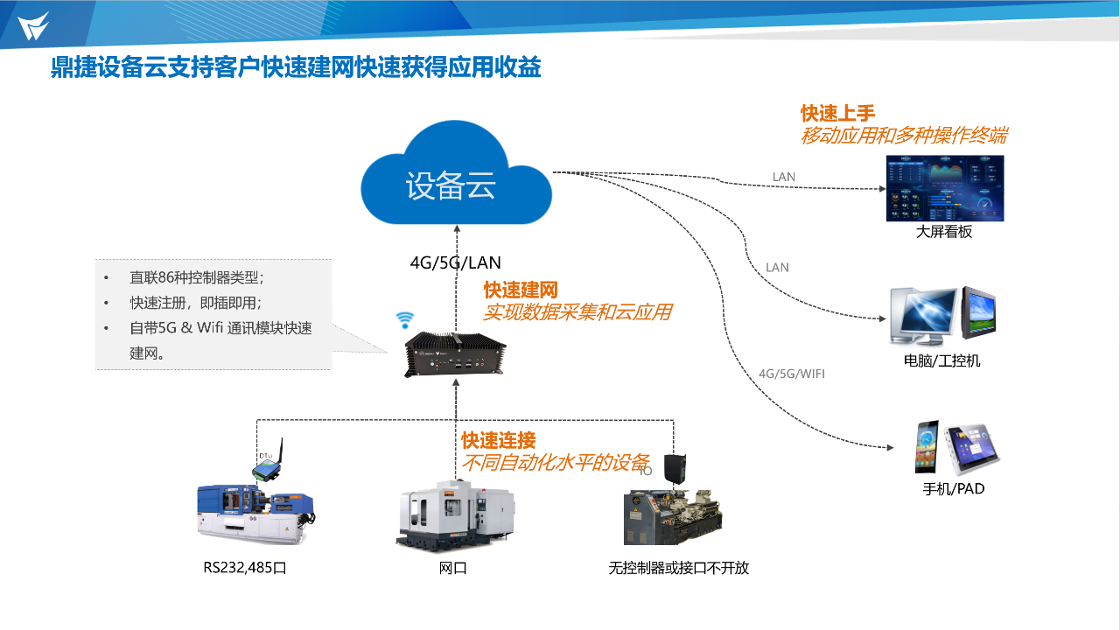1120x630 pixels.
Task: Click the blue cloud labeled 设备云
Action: click(456, 179)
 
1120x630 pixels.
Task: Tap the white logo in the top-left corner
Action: click(33, 25)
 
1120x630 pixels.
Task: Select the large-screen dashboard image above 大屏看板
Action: click(944, 188)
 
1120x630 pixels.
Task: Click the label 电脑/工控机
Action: click(941, 360)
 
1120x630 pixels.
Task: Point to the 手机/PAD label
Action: click(954, 489)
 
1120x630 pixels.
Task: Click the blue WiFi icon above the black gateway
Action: click(404, 319)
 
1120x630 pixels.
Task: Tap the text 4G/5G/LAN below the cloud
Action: click(455, 262)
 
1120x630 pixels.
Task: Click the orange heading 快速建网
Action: click(521, 290)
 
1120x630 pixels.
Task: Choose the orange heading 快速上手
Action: click(837, 113)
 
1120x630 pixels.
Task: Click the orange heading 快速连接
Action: click(498, 440)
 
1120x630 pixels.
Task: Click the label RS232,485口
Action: click(245, 568)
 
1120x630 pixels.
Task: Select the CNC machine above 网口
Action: click(454, 516)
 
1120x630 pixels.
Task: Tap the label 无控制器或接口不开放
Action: click(678, 568)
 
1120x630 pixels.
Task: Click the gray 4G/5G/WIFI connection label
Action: click(791, 374)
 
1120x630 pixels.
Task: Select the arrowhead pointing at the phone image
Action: click(889, 447)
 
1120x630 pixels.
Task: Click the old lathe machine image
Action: click(672, 516)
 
